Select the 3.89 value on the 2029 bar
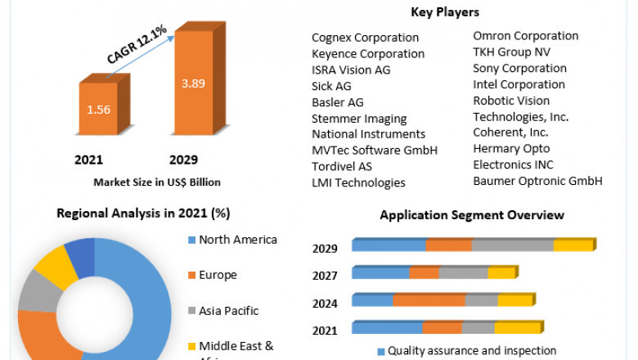pos(193,83)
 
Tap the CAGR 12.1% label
pos(137,45)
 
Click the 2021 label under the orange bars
pos(88,160)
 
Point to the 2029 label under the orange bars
pos(184,160)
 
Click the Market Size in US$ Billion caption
pos(157,182)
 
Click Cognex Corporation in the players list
pos(365,38)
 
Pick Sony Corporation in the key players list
pos(519,68)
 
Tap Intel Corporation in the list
pos(519,84)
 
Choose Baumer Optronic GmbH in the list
pos(537,181)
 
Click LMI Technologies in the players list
pos(358,182)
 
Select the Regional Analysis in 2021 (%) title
pos(143,214)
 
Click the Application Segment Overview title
pos(472,215)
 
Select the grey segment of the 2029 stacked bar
pos(512,245)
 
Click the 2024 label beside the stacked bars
pos(326,304)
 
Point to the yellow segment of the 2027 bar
pos(501,273)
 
